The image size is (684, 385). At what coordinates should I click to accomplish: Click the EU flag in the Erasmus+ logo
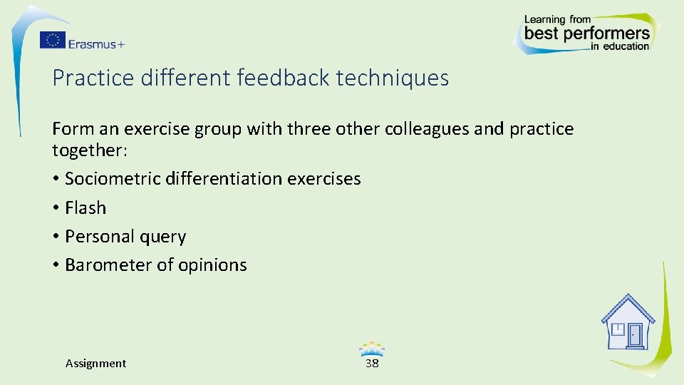[x=52, y=41]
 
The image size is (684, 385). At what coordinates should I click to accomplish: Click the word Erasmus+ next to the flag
[x=96, y=44]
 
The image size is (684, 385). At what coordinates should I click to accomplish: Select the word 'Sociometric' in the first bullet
[x=112, y=179]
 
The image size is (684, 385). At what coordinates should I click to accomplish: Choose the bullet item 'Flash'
[x=85, y=208]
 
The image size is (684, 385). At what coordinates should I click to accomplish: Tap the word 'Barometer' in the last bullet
[x=108, y=265]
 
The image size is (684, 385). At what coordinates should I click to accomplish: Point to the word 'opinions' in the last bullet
[x=212, y=266]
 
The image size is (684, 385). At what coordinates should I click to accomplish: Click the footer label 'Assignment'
[x=95, y=364]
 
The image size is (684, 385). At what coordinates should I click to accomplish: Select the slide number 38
[x=372, y=363]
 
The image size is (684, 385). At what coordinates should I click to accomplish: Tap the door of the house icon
[x=635, y=334]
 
